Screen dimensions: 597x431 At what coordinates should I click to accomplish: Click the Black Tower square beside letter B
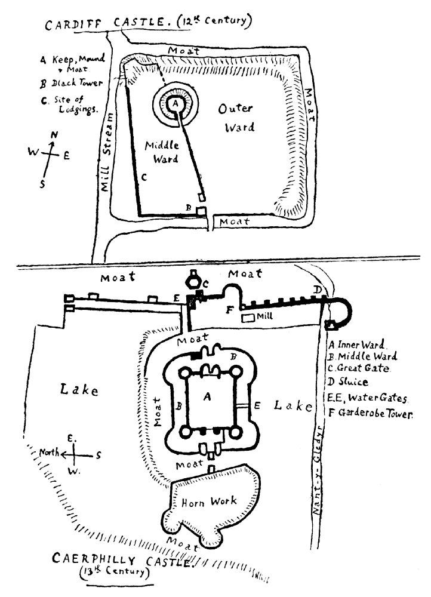[x=201, y=212]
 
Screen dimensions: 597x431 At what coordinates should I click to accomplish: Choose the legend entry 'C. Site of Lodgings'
[x=66, y=105]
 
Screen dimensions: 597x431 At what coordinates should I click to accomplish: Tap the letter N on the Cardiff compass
[x=54, y=136]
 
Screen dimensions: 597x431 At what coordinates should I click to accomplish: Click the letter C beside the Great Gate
[x=205, y=284]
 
